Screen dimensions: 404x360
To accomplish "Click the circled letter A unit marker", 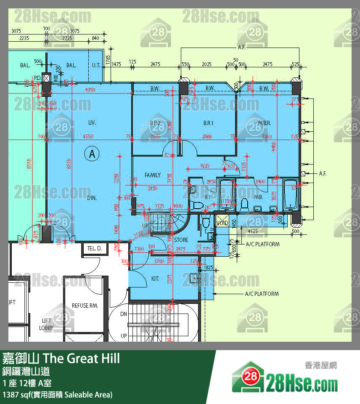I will point(92,154).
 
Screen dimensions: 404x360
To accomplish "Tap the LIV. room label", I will point(92,123).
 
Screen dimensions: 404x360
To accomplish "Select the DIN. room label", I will point(92,197).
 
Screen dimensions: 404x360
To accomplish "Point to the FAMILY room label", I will point(153,175).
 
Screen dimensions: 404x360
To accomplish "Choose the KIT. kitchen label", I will point(155,278).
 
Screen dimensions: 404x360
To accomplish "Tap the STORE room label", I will point(181,240).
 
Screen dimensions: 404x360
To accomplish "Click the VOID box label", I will point(222,223).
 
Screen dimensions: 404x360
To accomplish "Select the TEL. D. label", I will point(94,249).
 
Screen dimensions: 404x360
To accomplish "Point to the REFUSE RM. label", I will point(85,306).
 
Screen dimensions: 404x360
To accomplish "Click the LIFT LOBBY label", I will point(46,324).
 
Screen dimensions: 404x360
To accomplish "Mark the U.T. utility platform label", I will point(96,65).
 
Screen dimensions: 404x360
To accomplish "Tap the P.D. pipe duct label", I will point(37,77).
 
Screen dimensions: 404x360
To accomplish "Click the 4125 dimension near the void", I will point(253,231).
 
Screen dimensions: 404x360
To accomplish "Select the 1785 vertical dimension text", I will point(108,60).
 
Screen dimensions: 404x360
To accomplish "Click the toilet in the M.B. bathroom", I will point(244,205).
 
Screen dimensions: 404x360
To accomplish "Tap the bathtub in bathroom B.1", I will point(226,194).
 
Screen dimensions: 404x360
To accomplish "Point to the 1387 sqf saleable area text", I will point(57,395).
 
